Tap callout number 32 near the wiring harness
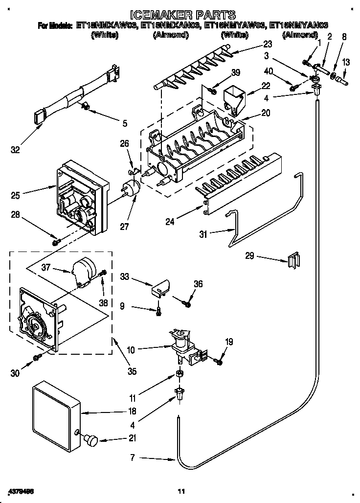[16, 150]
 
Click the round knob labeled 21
[91, 439]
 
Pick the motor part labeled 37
[82, 272]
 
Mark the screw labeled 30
[37, 359]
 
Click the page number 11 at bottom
[181, 491]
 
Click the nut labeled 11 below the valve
[180, 375]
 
